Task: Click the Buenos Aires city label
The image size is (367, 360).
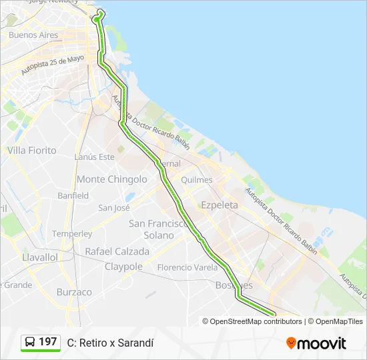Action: [x=33, y=35]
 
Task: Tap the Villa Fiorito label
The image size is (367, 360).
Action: [x=32, y=151]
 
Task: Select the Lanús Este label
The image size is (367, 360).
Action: [x=95, y=157]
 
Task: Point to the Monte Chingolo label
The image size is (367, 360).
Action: [x=112, y=179]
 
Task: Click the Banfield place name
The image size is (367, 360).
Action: [x=73, y=195]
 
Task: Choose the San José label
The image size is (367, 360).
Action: [x=114, y=207]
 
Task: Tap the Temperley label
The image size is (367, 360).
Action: [x=72, y=234]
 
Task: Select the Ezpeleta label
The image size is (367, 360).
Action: [x=220, y=205]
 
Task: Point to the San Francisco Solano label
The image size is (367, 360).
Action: [x=159, y=229]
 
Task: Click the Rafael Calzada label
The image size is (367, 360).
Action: [x=117, y=251]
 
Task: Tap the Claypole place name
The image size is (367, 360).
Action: [x=123, y=267]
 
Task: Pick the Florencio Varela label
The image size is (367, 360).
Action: [x=188, y=267]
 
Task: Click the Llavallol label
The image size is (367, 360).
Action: [x=40, y=257]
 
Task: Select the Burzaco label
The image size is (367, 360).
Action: [x=74, y=292]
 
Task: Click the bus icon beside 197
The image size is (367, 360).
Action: [x=31, y=342]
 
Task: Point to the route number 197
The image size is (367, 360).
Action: [x=48, y=342]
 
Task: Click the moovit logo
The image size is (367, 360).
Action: [x=316, y=343]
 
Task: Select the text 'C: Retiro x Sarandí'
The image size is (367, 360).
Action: [x=110, y=343]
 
